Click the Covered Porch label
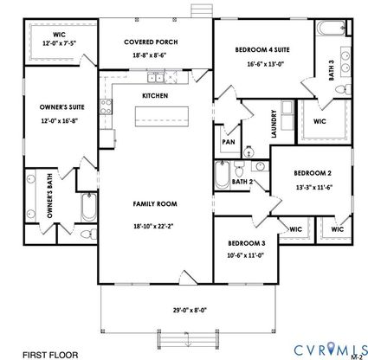(x=151, y=42)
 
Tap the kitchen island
(x=162, y=116)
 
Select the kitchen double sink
(x=156, y=78)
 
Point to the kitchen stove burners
(x=106, y=106)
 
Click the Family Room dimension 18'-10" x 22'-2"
(x=153, y=227)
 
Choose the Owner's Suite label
(x=62, y=107)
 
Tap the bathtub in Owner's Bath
(x=88, y=207)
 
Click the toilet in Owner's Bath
(x=88, y=234)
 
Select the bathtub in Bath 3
(x=331, y=28)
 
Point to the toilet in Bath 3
(x=344, y=89)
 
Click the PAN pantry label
(x=229, y=142)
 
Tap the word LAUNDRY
(x=274, y=124)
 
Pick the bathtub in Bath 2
(x=222, y=176)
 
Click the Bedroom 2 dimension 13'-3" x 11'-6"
(x=314, y=187)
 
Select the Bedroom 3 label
(x=247, y=243)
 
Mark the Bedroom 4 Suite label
(x=262, y=49)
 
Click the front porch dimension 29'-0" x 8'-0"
(x=190, y=311)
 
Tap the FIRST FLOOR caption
(x=50, y=355)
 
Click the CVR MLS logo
(x=331, y=350)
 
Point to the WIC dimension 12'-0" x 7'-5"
(x=59, y=43)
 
